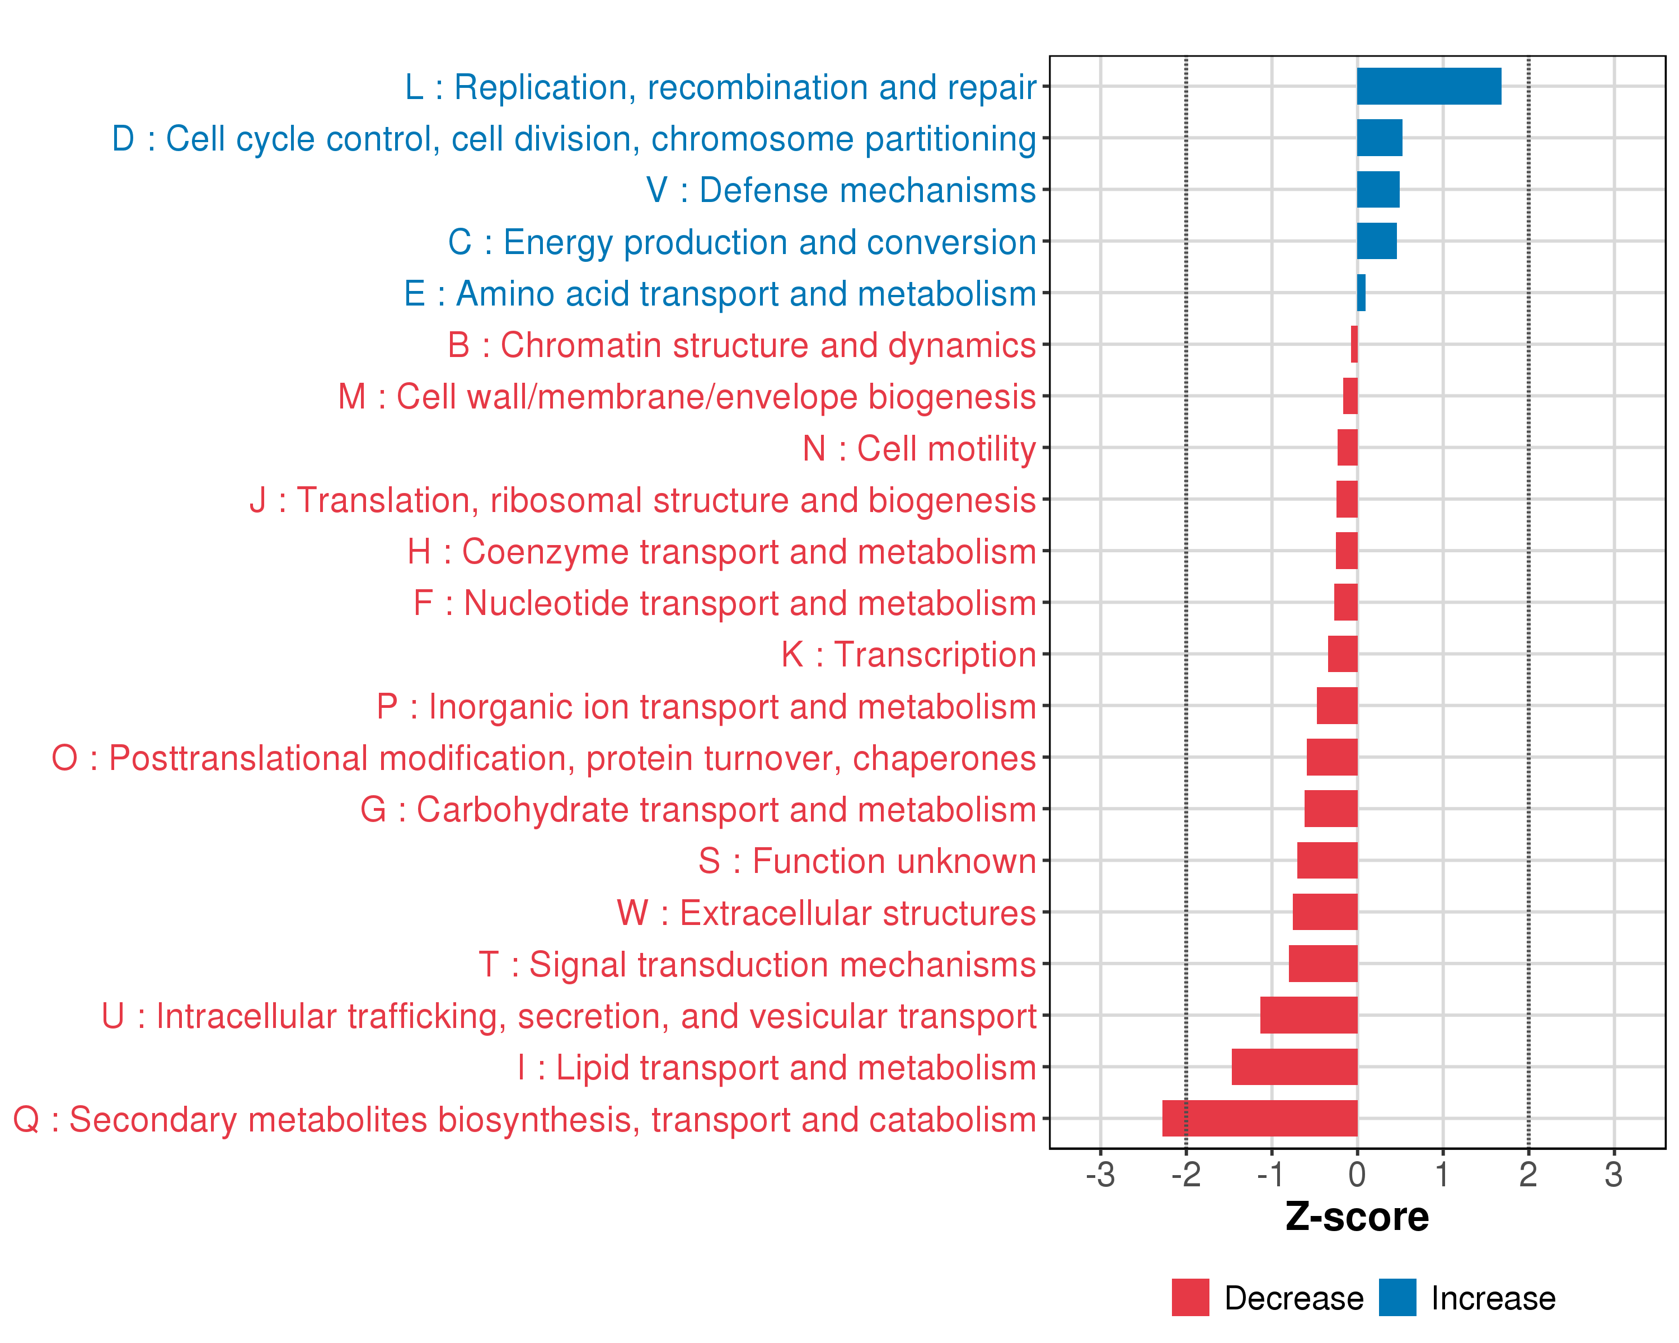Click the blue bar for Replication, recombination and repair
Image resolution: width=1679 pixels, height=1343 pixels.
coord(1428,86)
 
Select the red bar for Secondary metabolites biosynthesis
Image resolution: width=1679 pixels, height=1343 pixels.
coord(1259,1118)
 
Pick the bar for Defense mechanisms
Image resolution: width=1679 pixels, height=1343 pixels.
coord(1378,189)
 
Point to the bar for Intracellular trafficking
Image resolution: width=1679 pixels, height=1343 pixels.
coord(1309,1015)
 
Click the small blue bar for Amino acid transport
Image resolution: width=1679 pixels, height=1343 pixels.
coord(1361,293)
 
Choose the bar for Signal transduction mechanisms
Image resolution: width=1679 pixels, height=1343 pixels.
coord(1322,964)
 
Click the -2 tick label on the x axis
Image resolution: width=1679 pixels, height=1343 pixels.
coord(1185,1175)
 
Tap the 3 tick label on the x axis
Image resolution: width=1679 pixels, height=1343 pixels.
coord(1614,1175)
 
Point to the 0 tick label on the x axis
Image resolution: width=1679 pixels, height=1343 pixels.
coord(1357,1175)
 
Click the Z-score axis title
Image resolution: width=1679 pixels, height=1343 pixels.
coord(1357,1217)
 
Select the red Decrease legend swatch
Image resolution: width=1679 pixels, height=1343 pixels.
coord(1190,1297)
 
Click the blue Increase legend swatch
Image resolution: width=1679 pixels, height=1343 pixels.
coord(1397,1297)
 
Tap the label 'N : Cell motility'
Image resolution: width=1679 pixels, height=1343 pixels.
coord(919,448)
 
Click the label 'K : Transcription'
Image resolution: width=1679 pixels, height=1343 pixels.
coord(908,655)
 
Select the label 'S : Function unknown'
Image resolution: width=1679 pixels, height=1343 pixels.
coord(867,861)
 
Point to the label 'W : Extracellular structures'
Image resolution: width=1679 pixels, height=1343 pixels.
coord(826,913)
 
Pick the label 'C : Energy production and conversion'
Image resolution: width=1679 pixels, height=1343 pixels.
coord(742,242)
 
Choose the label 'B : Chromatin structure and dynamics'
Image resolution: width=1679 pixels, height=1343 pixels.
coord(742,345)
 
